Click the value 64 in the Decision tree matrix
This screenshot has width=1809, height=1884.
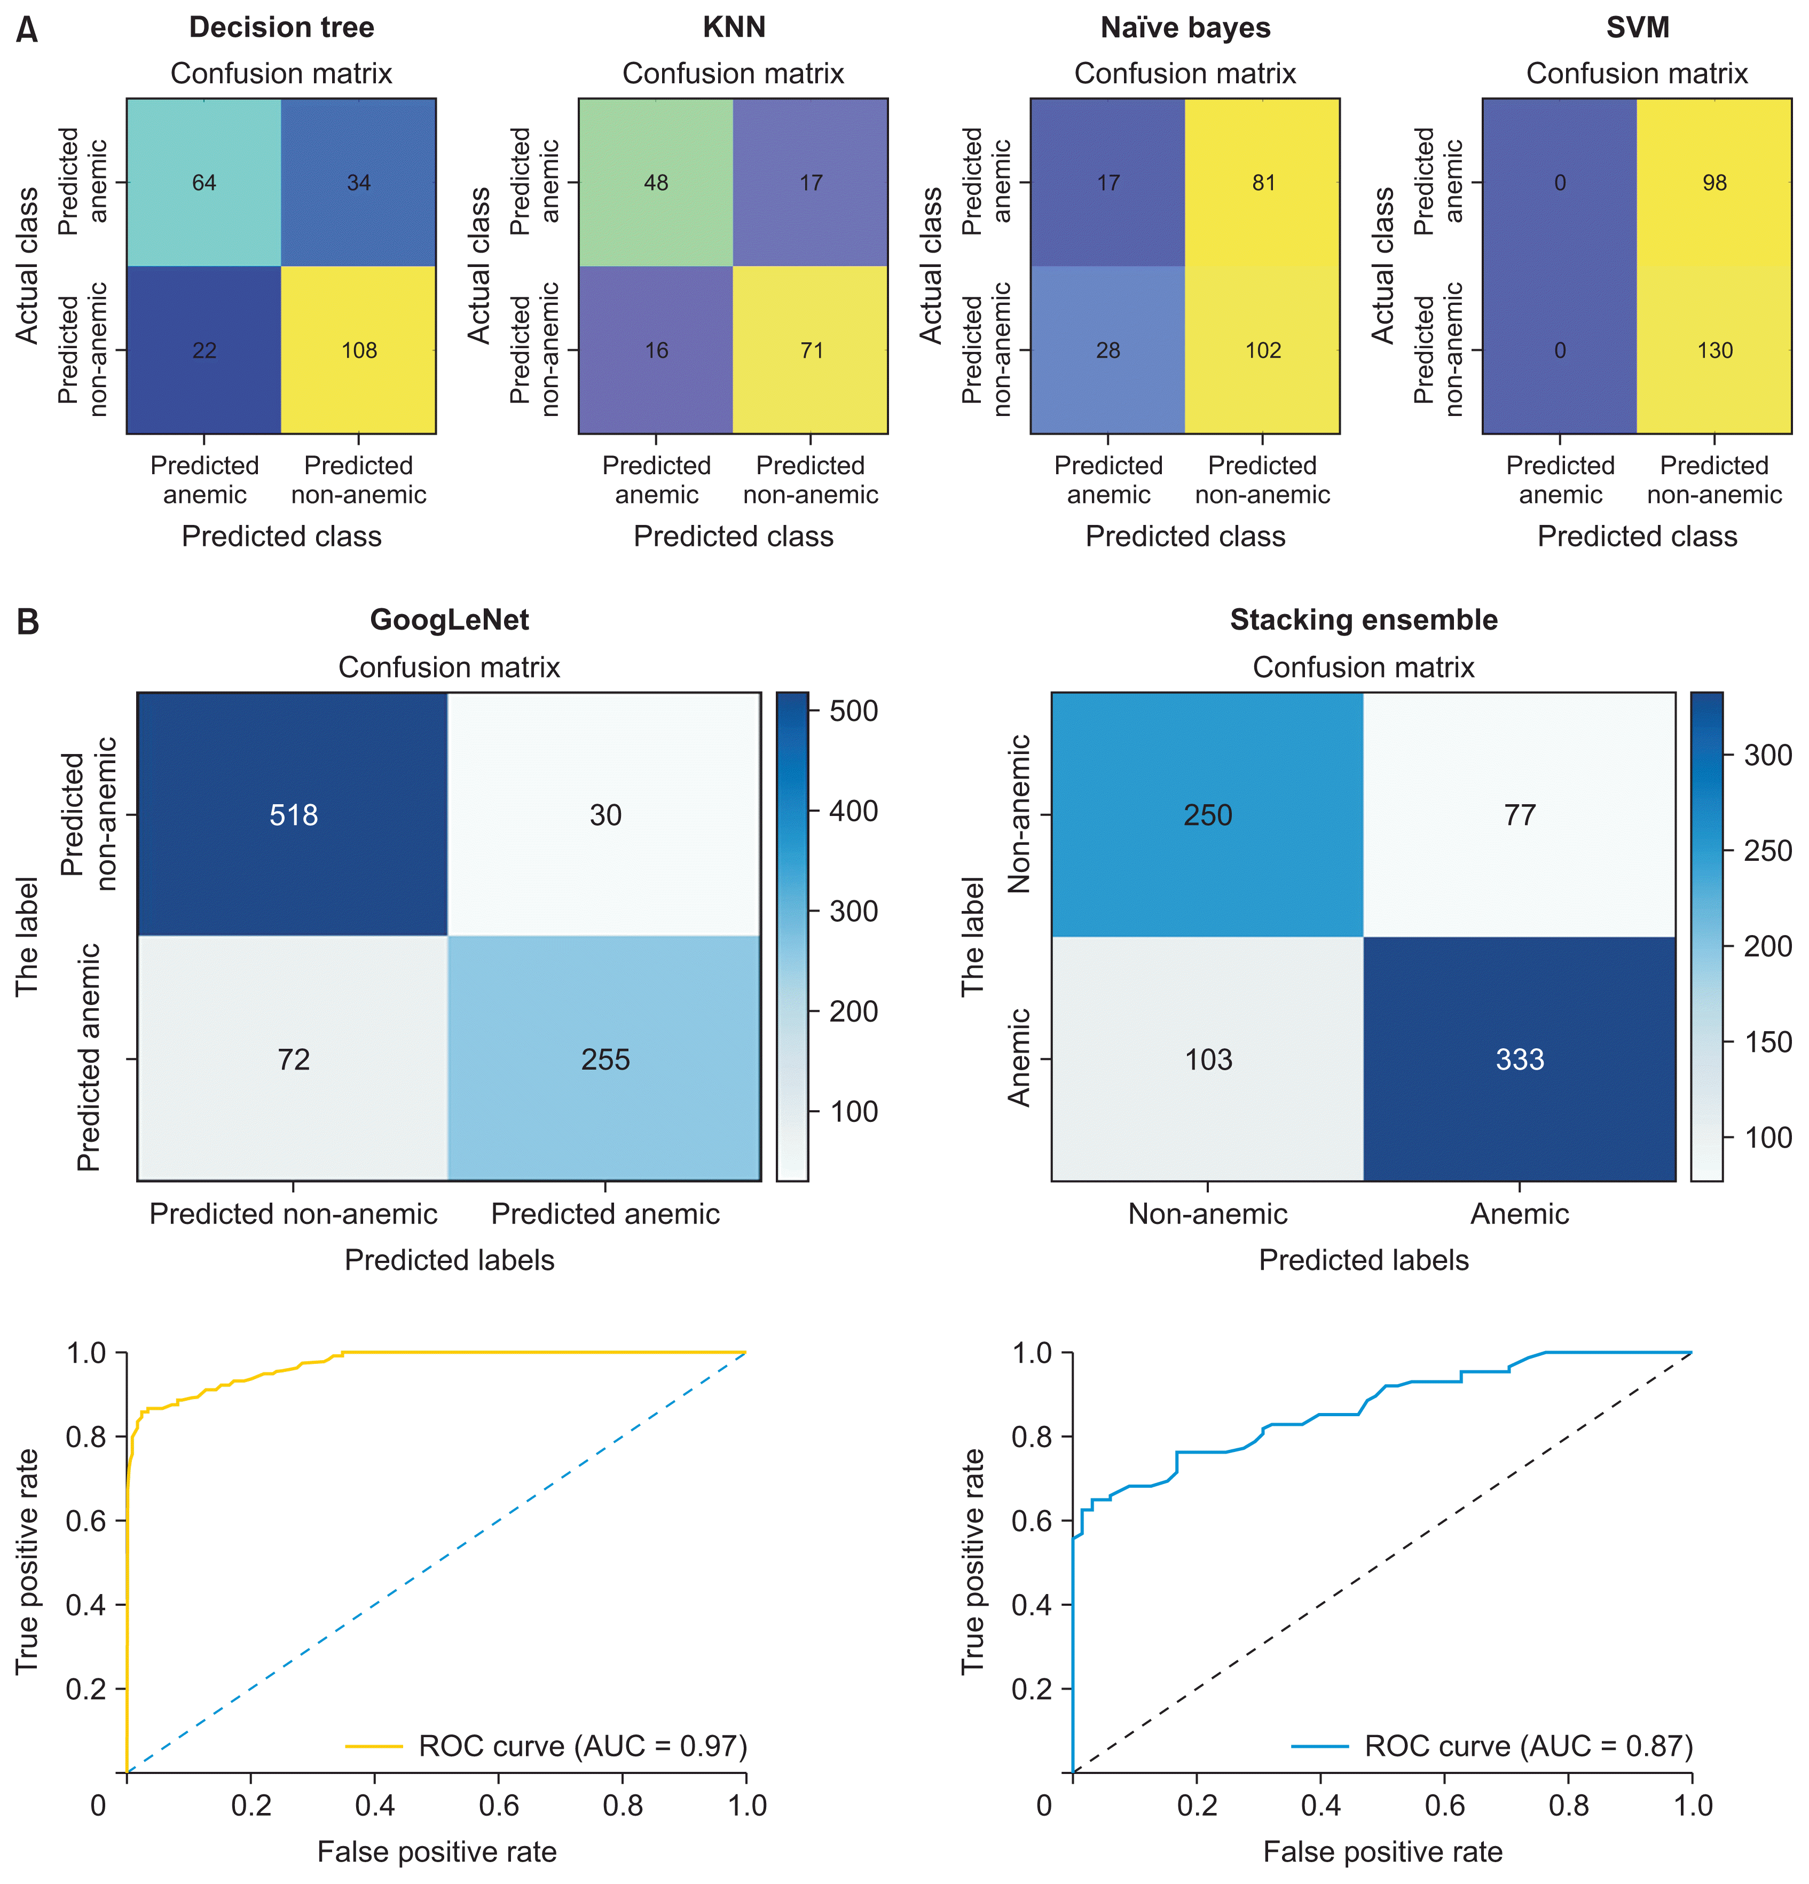pyautogui.click(x=204, y=183)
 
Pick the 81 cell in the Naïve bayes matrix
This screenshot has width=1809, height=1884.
pyautogui.click(x=1263, y=183)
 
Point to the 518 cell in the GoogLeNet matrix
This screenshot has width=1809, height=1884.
pyautogui.click(x=293, y=815)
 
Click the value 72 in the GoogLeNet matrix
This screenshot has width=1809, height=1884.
pyautogui.click(x=293, y=1059)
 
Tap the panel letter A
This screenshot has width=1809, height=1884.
pyautogui.click(x=27, y=31)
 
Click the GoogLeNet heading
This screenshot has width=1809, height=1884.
pyautogui.click(x=449, y=620)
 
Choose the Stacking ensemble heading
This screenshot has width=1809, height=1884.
pyautogui.click(x=1363, y=620)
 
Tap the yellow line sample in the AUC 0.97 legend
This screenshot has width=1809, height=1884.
pyautogui.click(x=373, y=1746)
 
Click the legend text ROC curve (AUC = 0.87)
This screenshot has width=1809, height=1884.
pyautogui.click(x=1528, y=1746)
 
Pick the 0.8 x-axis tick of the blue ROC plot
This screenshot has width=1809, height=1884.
pyautogui.click(x=1569, y=1805)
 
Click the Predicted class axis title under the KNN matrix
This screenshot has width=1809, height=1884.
pyautogui.click(x=734, y=536)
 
